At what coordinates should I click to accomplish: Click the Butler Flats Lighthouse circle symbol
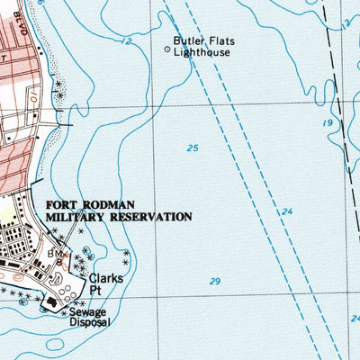(x=167, y=50)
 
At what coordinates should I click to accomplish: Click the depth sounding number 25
(x=193, y=148)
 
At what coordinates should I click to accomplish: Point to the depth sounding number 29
(x=214, y=282)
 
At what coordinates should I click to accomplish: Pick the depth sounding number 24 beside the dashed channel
(x=286, y=212)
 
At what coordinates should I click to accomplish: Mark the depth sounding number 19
(x=328, y=121)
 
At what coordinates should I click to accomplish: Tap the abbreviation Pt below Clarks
(x=95, y=291)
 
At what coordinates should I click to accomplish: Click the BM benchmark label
(x=52, y=255)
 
